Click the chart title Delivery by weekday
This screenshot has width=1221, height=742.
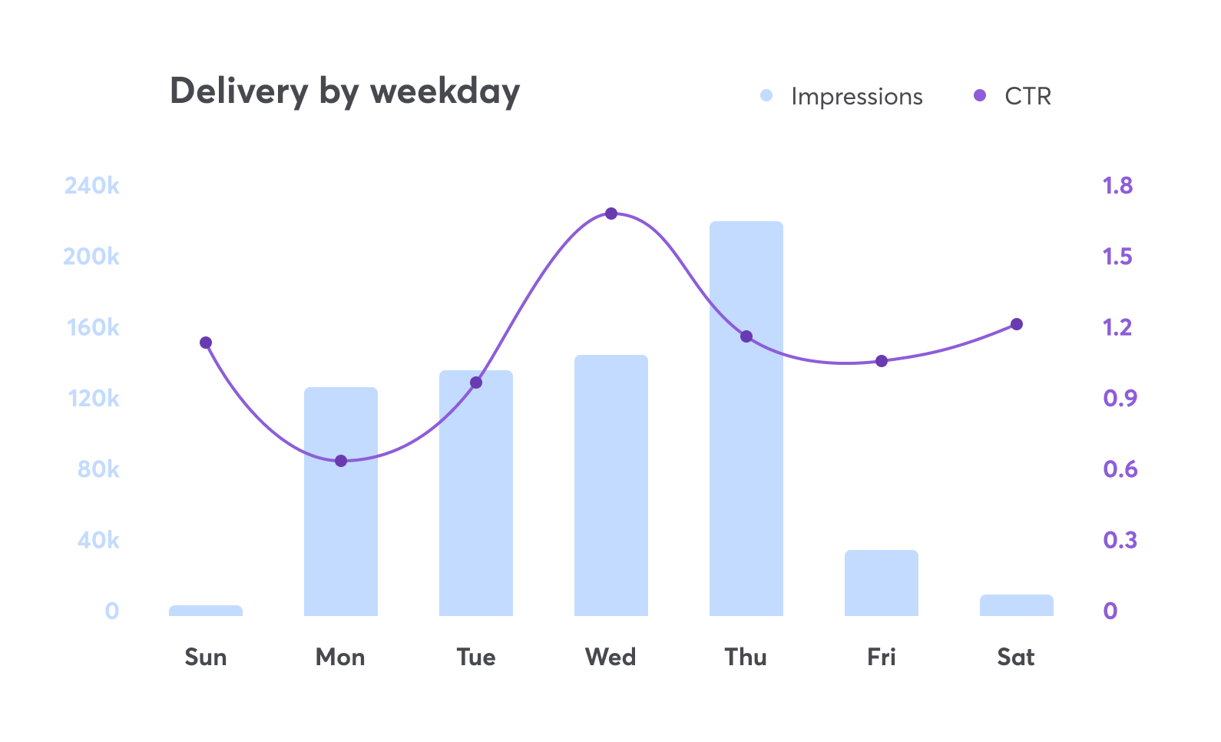click(x=345, y=92)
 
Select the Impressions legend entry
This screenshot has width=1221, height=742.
click(x=842, y=97)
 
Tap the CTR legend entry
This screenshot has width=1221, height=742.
click(x=1013, y=97)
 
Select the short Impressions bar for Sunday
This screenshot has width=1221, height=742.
click(x=206, y=611)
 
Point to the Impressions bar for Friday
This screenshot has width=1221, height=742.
click(x=881, y=583)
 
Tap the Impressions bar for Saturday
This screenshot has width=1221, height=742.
click(x=1016, y=605)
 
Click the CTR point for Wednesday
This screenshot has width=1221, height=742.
click(x=611, y=214)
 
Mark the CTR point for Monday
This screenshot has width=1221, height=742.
click(x=341, y=461)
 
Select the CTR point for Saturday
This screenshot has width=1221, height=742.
click(x=1017, y=324)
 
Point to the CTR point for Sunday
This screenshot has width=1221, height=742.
click(x=206, y=343)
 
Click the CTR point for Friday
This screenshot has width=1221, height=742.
click(x=882, y=361)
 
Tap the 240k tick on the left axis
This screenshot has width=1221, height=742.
click(x=92, y=186)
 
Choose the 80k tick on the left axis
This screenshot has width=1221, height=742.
click(x=98, y=469)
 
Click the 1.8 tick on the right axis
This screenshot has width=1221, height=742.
click(x=1117, y=186)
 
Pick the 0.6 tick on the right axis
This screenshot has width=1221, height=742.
click(x=1120, y=469)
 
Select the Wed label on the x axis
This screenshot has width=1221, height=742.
click(x=610, y=658)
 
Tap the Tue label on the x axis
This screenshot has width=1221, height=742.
click(x=476, y=658)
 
